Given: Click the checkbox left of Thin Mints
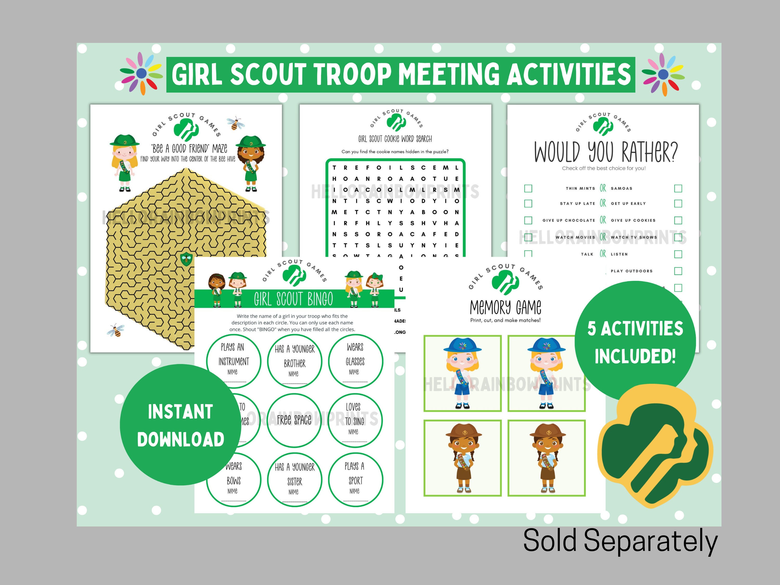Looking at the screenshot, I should click(x=528, y=189).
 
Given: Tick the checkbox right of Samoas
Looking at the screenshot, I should click(x=678, y=189).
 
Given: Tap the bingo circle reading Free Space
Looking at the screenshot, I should click(x=294, y=420).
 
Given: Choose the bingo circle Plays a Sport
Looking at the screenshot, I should click(x=355, y=479).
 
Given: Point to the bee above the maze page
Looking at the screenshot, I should click(x=236, y=123).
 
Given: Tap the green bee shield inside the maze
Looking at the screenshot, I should click(x=186, y=259).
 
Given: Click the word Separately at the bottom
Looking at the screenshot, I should click(x=651, y=541).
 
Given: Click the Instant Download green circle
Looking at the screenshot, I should click(x=180, y=425).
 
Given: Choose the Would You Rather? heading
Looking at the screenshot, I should click(x=606, y=152).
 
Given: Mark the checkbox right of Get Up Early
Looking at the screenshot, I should click(x=678, y=204).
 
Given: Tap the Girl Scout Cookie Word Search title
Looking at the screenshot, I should click(x=395, y=139).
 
